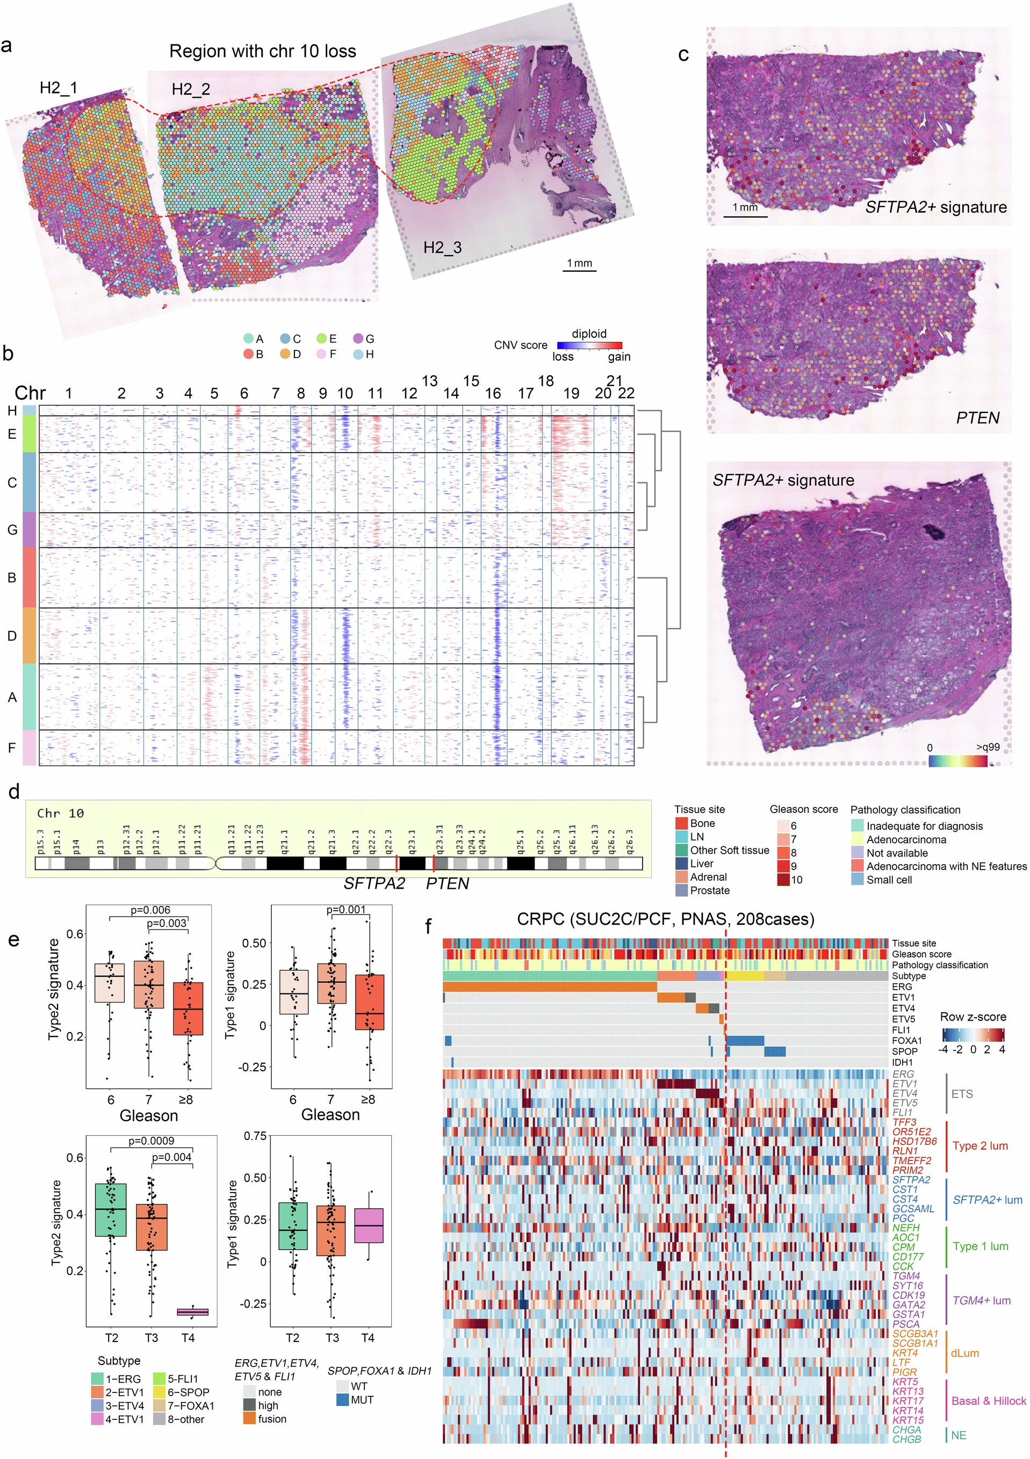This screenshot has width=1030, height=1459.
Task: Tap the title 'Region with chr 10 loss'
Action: [x=263, y=52]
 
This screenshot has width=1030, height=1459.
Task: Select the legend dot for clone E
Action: [x=322, y=339]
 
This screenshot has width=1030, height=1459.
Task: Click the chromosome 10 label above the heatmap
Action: [x=344, y=394]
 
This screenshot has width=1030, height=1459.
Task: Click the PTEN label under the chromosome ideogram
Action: [x=447, y=884]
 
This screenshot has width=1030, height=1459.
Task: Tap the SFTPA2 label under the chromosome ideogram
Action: [x=374, y=884]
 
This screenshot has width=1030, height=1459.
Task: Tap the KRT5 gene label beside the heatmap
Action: [x=905, y=1382]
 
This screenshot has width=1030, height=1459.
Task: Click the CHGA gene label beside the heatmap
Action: [x=906, y=1430]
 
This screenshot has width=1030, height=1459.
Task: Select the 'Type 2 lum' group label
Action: [x=980, y=1146]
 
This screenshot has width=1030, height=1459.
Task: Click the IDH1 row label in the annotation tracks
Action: [x=902, y=1062]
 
